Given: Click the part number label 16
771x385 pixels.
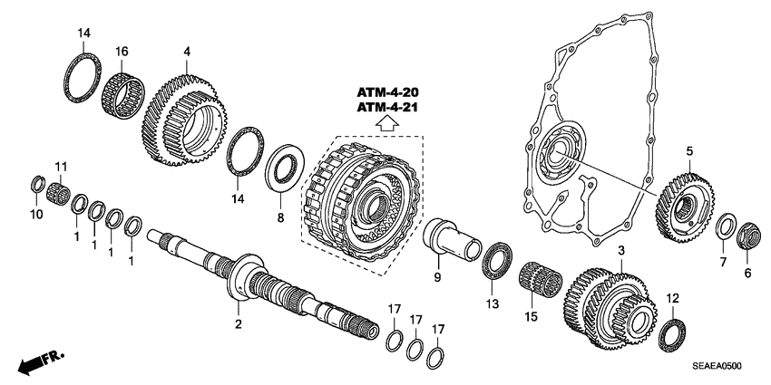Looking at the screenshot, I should coord(122,52).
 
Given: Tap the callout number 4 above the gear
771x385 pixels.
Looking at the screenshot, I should coord(186,52).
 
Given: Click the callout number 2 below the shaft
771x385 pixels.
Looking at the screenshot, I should coord(239,323).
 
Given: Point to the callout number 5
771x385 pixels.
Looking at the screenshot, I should coord(688,151).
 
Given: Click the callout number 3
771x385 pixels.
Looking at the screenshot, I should coord(620,250).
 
